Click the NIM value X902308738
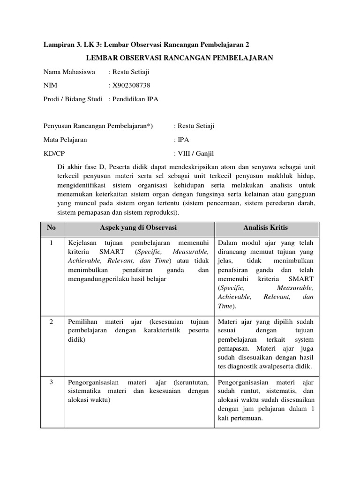(131, 85)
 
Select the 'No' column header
(52, 228)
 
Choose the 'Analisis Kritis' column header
(266, 228)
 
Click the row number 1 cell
(52, 244)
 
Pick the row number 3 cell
(52, 382)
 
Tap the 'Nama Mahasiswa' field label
(69, 72)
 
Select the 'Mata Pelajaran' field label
(65, 140)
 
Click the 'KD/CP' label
(53, 153)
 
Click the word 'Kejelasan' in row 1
(82, 244)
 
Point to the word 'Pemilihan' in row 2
(82, 322)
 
